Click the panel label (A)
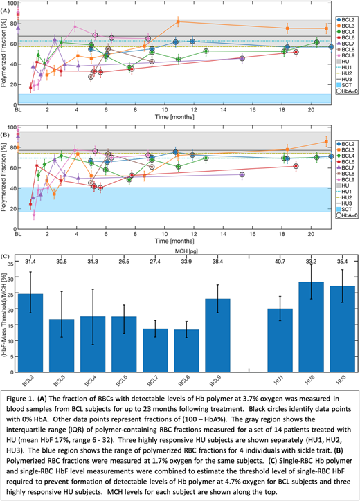pyautogui.click(x=6, y=10)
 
